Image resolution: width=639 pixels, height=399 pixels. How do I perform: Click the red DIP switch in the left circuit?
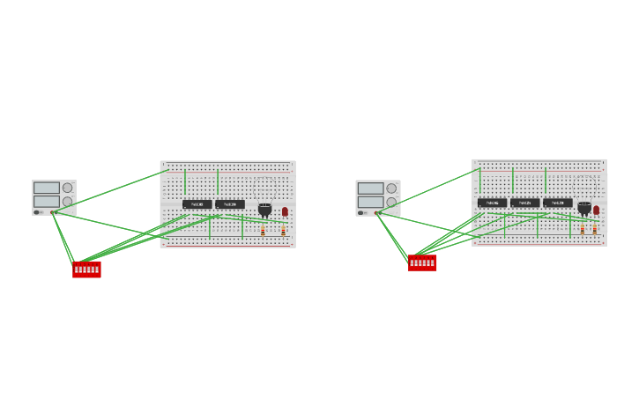[x=86, y=270]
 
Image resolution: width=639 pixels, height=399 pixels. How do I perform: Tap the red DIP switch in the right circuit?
[x=422, y=262]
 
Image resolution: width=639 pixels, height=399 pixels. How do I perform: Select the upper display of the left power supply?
[x=47, y=188]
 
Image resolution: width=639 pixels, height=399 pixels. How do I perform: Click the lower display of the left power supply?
[x=47, y=202]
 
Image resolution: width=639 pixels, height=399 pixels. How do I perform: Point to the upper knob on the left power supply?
[x=68, y=188]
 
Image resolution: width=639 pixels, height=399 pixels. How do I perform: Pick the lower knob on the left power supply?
[x=68, y=202]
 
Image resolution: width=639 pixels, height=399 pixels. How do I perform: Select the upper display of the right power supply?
[x=370, y=188]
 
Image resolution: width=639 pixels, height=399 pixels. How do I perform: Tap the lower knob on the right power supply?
[x=391, y=203]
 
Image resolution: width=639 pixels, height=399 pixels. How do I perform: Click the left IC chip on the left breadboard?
[x=197, y=204]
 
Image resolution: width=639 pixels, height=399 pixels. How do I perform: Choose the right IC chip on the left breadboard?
[x=230, y=204]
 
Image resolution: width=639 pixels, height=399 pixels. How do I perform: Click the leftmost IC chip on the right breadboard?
[x=492, y=203]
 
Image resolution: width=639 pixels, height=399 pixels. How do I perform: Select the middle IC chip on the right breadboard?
[x=524, y=203]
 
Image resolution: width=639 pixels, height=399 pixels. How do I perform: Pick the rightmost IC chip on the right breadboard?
[x=557, y=203]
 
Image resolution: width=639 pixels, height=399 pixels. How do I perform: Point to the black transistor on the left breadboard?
[x=264, y=210]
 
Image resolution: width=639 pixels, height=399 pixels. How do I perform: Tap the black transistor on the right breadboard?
[x=584, y=208]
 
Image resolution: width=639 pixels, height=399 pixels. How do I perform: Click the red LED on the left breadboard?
[x=285, y=211]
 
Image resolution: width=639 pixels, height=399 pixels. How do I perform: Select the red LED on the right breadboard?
[x=596, y=210]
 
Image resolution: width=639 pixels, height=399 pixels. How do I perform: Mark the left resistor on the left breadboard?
[x=263, y=231]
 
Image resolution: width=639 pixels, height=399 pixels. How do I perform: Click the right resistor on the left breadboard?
[x=283, y=231]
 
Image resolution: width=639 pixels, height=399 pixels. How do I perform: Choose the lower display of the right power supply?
[x=370, y=202]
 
